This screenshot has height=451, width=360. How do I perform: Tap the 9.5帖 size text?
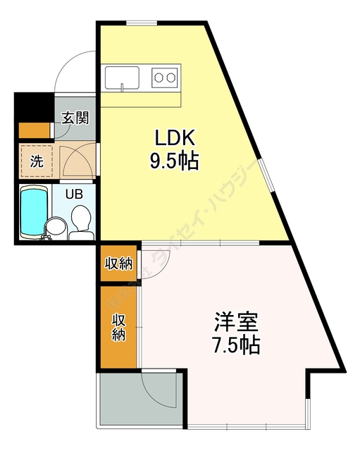point(172,161)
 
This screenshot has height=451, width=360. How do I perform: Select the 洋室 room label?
point(236,323)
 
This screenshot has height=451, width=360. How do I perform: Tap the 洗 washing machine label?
point(35,160)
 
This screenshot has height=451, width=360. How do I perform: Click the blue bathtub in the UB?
point(32,211)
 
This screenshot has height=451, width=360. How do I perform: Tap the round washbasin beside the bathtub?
point(54,228)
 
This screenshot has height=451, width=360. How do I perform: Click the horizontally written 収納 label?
point(119,264)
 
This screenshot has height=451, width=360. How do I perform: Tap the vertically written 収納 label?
point(118,326)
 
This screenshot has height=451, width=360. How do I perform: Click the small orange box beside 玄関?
point(34,130)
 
